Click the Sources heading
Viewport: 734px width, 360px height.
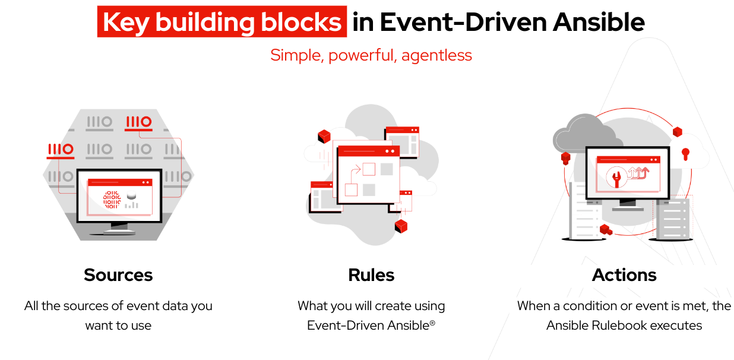click(x=118, y=275)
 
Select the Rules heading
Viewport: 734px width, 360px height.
click(x=371, y=275)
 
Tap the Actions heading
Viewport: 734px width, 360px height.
click(x=624, y=275)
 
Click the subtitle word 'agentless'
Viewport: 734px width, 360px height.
click(x=437, y=55)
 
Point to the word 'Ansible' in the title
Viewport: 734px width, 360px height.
click(x=599, y=23)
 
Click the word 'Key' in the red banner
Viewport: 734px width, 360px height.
click(x=126, y=23)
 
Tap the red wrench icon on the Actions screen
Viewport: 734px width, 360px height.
click(x=616, y=178)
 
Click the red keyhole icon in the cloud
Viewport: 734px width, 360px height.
click(x=685, y=154)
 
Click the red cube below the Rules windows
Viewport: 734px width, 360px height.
click(x=401, y=226)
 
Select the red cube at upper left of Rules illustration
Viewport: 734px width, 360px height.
click(x=324, y=137)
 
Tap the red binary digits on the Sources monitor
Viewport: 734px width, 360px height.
click(x=112, y=200)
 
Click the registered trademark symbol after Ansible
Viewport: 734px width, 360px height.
click(x=432, y=323)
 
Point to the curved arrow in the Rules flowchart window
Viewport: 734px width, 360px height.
click(x=355, y=174)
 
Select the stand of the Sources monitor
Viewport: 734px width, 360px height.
click(x=119, y=228)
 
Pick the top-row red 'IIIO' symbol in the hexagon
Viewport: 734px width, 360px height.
click(x=138, y=122)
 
